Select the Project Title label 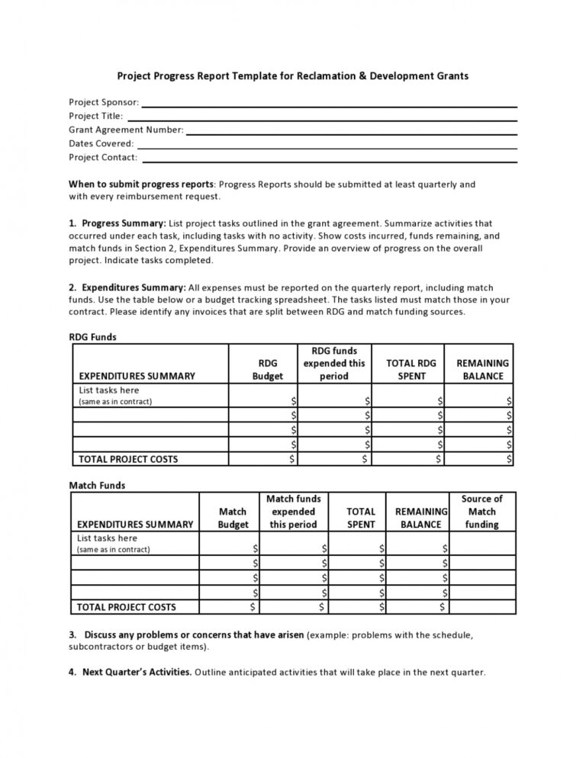point(95,116)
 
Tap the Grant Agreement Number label point(126,130)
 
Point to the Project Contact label point(103,157)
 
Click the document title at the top point(292,76)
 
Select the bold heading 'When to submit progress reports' point(141,185)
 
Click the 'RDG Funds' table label point(92,337)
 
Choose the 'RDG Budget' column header point(267,370)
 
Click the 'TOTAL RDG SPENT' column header point(411,370)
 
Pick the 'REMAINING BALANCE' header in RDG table point(483,370)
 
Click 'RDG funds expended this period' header point(334,364)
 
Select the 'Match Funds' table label point(97,485)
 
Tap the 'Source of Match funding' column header point(481,511)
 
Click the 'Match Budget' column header point(233,518)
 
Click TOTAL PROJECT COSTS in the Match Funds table point(126,607)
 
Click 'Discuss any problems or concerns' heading point(194,634)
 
